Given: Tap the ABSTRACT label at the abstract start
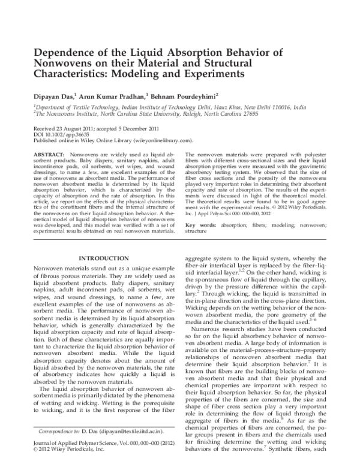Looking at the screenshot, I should coord(49,155).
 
